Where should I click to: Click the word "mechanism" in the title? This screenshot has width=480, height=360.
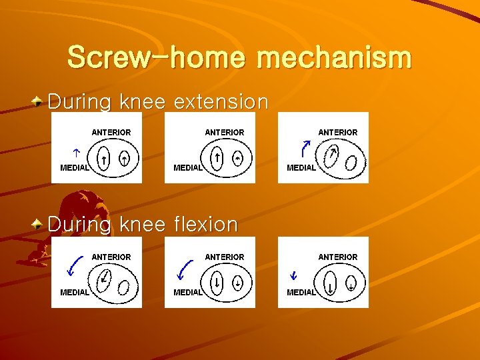tap(334, 57)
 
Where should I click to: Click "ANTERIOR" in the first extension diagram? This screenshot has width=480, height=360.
tap(111, 133)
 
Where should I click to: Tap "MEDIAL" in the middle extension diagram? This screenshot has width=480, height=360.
tap(187, 167)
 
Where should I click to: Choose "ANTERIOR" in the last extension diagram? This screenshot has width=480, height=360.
tap(338, 133)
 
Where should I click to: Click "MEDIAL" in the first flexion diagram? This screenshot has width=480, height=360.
tap(74, 292)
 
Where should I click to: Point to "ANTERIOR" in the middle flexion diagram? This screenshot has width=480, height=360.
tap(225, 257)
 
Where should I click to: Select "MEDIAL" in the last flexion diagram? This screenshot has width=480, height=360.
tap(301, 292)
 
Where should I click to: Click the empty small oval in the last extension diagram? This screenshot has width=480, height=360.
tap(351, 161)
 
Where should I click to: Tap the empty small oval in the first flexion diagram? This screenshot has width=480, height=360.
tap(124, 286)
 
